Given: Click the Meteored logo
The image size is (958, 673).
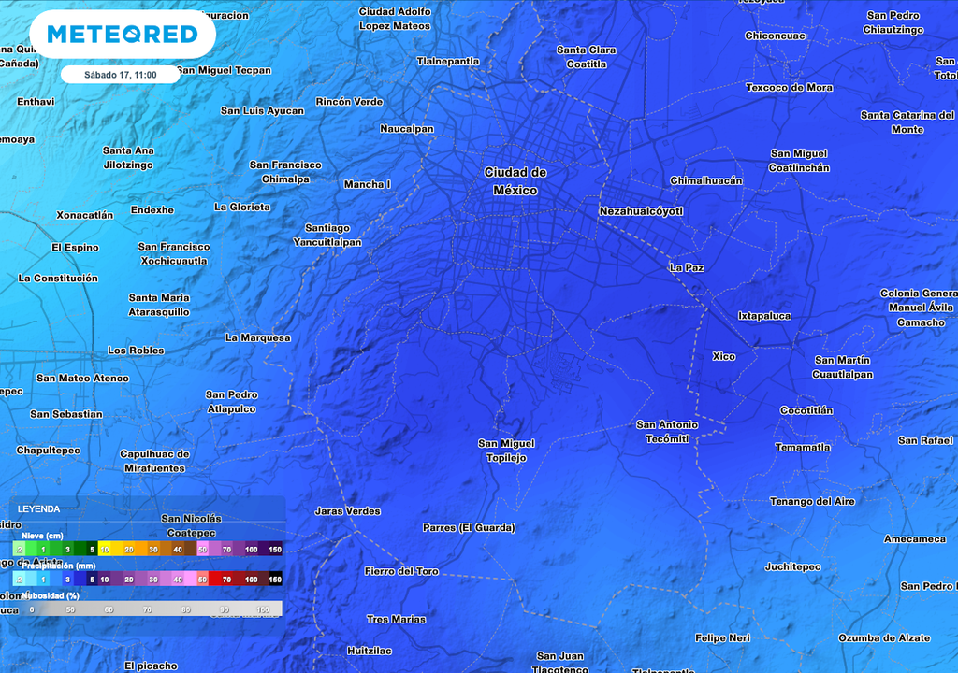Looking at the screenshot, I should click(x=123, y=35).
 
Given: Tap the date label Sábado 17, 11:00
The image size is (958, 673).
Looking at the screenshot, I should click(x=120, y=75).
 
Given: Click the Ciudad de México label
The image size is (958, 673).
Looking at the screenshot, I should click(x=515, y=181).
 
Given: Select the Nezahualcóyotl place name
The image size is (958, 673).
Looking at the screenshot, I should click(x=641, y=211).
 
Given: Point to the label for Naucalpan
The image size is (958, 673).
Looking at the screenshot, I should click(x=407, y=129).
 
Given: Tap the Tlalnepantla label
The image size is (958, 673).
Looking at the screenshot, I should click(x=448, y=62).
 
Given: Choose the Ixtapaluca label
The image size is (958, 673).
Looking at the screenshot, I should click(x=764, y=316).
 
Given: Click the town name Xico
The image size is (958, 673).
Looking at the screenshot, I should click(x=723, y=356).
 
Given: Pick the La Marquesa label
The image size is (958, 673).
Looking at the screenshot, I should click(x=258, y=337).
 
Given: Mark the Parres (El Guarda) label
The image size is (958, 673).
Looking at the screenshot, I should click(x=469, y=528).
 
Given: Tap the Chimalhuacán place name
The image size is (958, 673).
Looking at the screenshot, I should click(x=706, y=180).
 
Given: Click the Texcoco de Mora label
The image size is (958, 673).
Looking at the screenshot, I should click(x=789, y=88).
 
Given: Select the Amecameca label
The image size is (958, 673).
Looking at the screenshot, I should click(x=915, y=539).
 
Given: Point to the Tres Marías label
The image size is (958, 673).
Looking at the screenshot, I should click(x=396, y=619).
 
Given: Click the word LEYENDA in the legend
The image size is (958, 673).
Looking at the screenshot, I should click(x=39, y=509).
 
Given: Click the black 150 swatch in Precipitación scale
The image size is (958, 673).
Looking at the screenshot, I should click(x=275, y=580).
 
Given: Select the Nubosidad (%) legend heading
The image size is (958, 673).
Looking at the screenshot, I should click(x=51, y=594).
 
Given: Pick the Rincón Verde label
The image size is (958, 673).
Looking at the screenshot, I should click(x=349, y=102).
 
